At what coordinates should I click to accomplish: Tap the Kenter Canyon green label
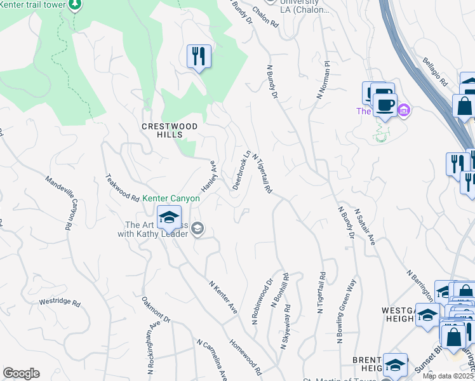[171, 198]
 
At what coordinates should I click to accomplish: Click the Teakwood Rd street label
[122, 187]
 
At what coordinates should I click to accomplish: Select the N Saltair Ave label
[366, 227]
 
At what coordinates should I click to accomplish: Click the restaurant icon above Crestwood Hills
[199, 56]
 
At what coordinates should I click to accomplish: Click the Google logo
[21, 373]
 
